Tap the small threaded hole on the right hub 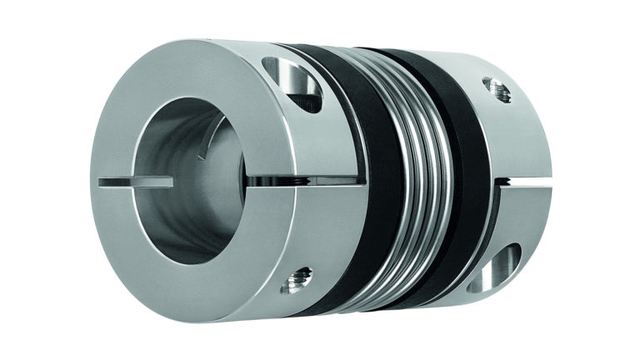pos(498,89)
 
